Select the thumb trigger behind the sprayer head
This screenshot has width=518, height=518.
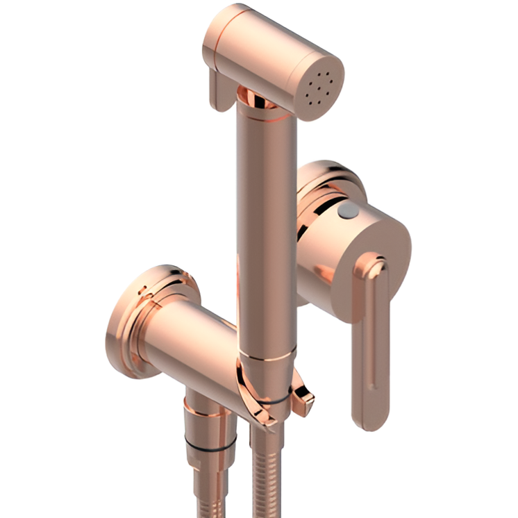click(219, 90)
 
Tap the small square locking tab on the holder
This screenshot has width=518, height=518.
click(303, 397)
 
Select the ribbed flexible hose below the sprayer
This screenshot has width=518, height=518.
click(267, 479)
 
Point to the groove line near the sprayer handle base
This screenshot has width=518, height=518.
click(267, 358)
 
